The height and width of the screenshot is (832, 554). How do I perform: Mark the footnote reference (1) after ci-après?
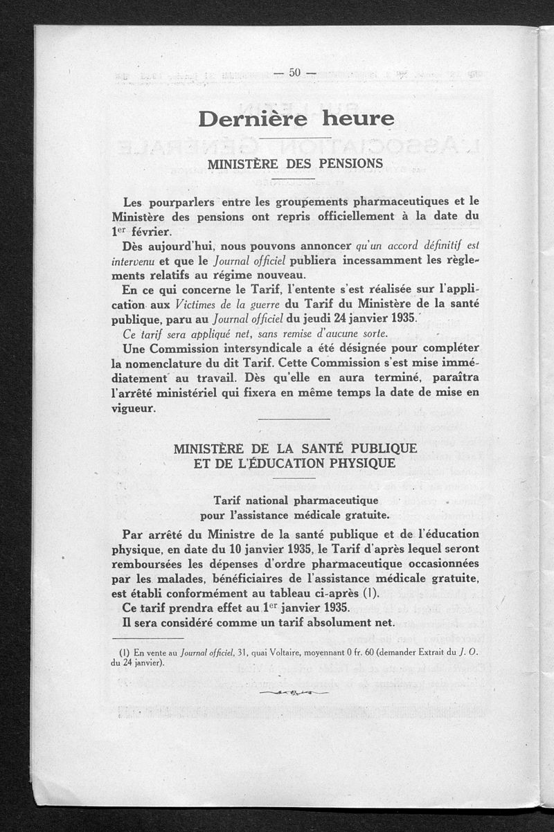coord(373,594)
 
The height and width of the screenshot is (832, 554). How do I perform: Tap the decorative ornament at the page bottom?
coord(293,691)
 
